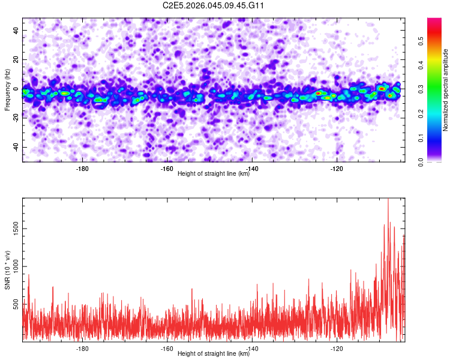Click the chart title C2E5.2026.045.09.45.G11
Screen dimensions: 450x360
click(x=213, y=5)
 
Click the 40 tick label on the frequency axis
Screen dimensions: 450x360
click(x=16, y=30)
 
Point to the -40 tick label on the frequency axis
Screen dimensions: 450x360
click(x=16, y=147)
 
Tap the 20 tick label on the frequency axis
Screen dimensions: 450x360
click(x=16, y=59)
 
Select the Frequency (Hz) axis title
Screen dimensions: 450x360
click(x=7, y=90)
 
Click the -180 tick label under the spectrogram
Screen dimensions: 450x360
click(x=82, y=169)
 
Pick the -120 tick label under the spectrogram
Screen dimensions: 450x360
click(x=337, y=169)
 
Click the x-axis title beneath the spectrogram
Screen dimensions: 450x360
click(x=214, y=173)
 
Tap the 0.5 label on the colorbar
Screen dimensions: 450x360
click(x=421, y=41)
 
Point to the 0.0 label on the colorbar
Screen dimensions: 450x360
click(x=421, y=163)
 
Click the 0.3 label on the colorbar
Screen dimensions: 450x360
click(x=421, y=89)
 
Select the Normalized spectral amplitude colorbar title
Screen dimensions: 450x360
click(x=445, y=90)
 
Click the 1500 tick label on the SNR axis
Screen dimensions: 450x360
click(x=16, y=229)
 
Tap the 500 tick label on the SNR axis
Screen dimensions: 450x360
click(x=16, y=305)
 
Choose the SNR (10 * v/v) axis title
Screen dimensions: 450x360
click(x=7, y=270)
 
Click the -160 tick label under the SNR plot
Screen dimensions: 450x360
click(x=167, y=349)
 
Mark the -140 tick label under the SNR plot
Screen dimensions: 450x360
click(x=252, y=349)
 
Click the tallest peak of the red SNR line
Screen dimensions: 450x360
click(x=388, y=199)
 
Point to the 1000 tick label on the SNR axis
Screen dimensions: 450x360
click(x=16, y=266)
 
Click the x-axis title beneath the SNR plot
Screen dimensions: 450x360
click(x=214, y=353)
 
